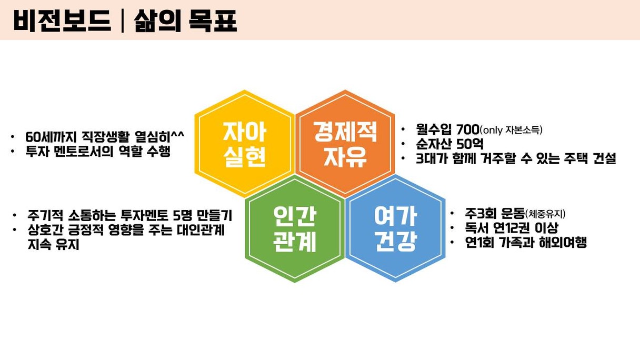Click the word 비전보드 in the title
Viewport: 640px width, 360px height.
coord(62,21)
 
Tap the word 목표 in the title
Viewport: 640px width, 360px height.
coord(213,21)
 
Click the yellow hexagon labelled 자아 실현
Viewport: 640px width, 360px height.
coord(245,144)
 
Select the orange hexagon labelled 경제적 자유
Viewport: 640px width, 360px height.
coord(345,144)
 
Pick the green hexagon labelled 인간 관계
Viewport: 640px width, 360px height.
coord(295,229)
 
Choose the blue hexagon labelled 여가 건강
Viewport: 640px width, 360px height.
coord(395,229)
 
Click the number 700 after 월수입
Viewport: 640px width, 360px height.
coord(467,129)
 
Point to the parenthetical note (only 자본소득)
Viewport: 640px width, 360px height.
coord(511,130)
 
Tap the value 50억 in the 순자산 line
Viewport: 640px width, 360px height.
coord(469,144)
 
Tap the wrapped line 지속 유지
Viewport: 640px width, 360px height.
coord(54,245)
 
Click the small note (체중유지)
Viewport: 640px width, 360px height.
coord(545,214)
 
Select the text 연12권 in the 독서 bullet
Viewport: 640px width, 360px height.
coord(512,228)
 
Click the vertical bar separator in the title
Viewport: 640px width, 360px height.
coord(122,21)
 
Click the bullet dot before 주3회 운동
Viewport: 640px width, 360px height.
coord(452,214)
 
